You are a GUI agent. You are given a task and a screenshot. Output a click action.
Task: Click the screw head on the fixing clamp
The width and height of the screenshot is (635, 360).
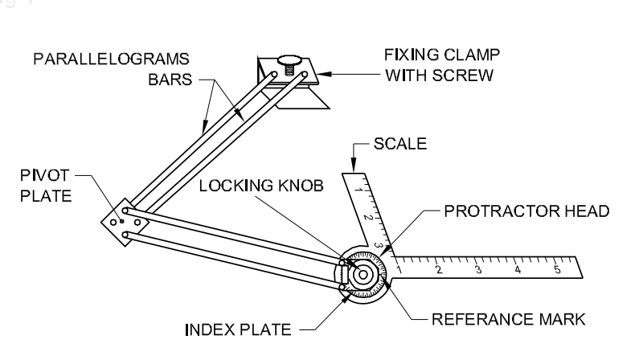(288, 59)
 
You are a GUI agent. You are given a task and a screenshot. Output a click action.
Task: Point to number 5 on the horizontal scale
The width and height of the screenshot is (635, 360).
(556, 268)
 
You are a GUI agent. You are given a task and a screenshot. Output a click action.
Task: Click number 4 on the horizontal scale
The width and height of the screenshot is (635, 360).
(517, 268)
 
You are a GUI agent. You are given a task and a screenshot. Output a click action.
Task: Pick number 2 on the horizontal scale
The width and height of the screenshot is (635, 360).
(438, 268)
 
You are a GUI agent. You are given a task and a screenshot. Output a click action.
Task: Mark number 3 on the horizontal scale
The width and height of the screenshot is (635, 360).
(477, 268)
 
